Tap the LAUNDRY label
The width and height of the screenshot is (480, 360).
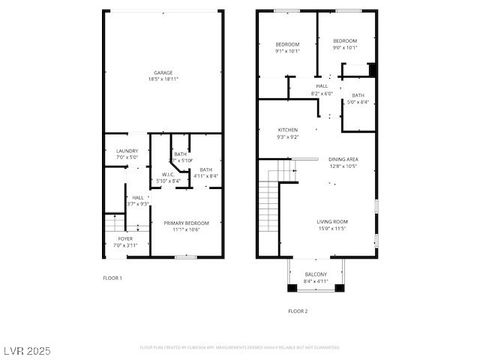coord(126,151)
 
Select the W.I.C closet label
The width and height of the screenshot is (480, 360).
coord(168,174)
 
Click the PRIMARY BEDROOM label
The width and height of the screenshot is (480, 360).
coord(182,223)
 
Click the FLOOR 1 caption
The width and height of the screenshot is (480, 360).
coord(112,277)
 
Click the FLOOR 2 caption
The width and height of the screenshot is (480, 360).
coord(299,311)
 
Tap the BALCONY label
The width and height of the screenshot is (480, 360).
coord(315,273)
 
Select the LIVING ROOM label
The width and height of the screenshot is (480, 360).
coord(333,222)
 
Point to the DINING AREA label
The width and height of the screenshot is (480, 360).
coord(343,159)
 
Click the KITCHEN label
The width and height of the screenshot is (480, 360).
coord(288,130)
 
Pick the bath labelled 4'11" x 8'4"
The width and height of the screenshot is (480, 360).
coord(206,171)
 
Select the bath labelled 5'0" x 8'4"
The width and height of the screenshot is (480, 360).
coord(357,96)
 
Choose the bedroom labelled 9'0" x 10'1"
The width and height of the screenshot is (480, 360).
coord(345,43)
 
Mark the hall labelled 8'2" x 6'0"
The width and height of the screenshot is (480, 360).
coord(322,87)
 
